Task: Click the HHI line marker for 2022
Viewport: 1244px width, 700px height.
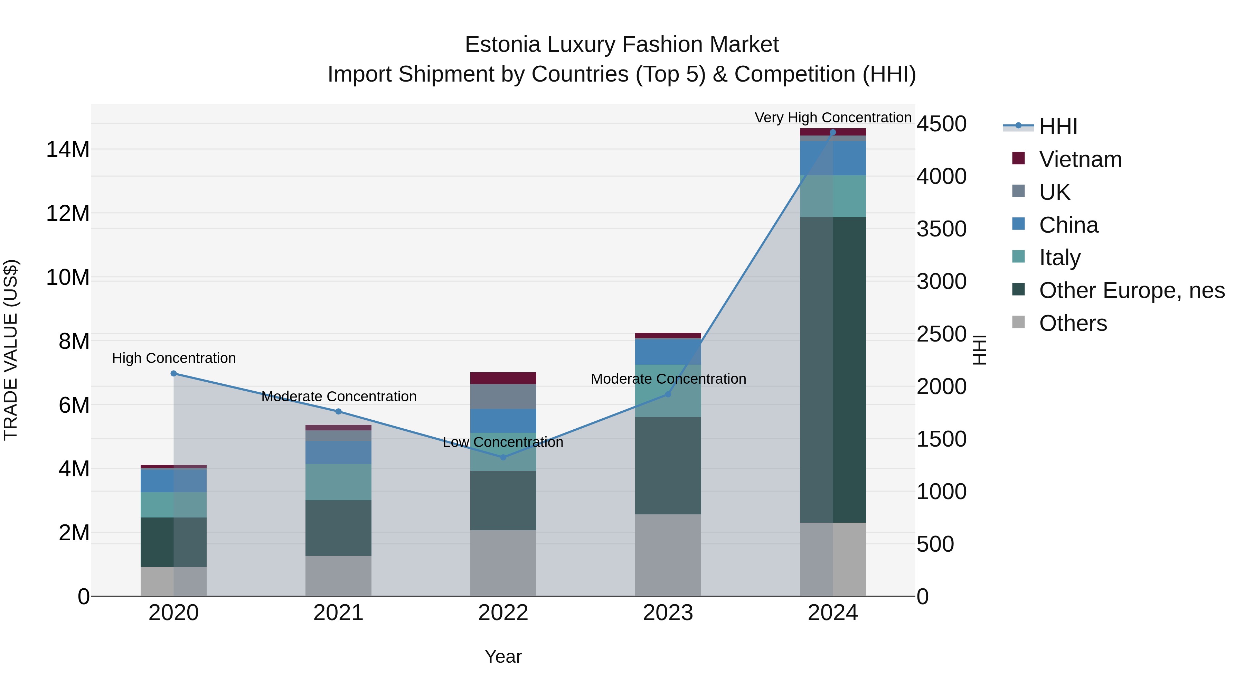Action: pos(503,457)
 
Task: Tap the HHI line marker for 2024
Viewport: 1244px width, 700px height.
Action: pos(832,132)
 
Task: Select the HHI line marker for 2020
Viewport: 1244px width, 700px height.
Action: pos(174,373)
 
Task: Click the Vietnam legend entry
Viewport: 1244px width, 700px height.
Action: pos(1080,159)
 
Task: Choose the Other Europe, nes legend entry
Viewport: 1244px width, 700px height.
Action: pos(1131,290)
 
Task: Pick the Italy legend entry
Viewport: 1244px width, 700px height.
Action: pos(1059,258)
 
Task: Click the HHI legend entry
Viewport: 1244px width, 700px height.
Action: pos(1058,127)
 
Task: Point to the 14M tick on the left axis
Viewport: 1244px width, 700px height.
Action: pos(68,149)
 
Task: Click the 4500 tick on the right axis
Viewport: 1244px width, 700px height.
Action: pos(941,124)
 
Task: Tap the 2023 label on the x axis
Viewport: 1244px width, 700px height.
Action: pos(668,613)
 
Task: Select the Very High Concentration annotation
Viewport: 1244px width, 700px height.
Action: pos(832,118)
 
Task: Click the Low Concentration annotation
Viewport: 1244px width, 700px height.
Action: pos(503,442)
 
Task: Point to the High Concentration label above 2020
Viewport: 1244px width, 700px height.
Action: pos(174,358)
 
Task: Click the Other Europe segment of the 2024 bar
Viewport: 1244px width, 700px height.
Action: pos(832,370)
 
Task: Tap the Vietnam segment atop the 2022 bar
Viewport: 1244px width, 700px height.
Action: pos(503,378)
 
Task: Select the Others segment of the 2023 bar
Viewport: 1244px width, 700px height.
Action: pos(668,555)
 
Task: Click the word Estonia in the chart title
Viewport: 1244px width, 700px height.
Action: pos(502,45)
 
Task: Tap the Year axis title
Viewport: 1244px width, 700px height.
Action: pos(503,656)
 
